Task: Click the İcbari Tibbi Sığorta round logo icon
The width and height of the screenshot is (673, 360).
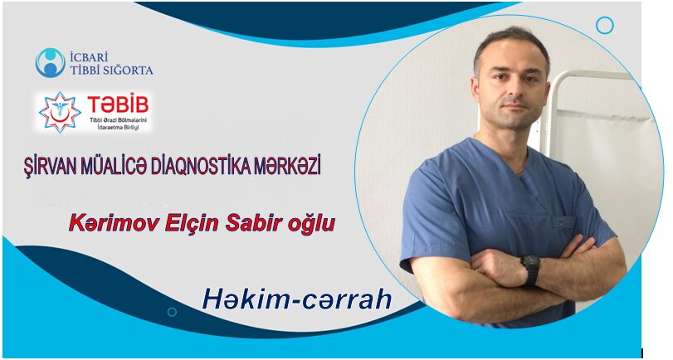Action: [51, 63]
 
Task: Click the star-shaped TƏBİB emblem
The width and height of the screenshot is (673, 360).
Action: [60, 111]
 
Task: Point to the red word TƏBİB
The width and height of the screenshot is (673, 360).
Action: [118, 105]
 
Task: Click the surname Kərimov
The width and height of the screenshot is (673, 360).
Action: [115, 224]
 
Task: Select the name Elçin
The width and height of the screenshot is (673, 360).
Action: [193, 224]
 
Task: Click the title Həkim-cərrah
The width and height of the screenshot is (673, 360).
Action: [297, 299]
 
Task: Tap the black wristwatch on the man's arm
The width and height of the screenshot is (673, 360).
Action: [530, 268]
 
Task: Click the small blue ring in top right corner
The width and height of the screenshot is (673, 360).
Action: [605, 26]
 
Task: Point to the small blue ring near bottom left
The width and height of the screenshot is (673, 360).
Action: [172, 312]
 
